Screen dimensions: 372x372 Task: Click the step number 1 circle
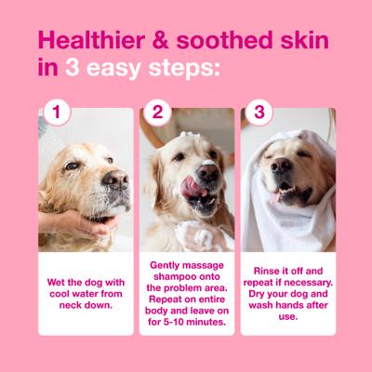pos(57,113)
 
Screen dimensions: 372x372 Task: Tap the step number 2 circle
pos(158,113)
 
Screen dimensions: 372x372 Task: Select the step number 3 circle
pos(259,113)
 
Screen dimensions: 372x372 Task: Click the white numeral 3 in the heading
pos(73,68)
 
